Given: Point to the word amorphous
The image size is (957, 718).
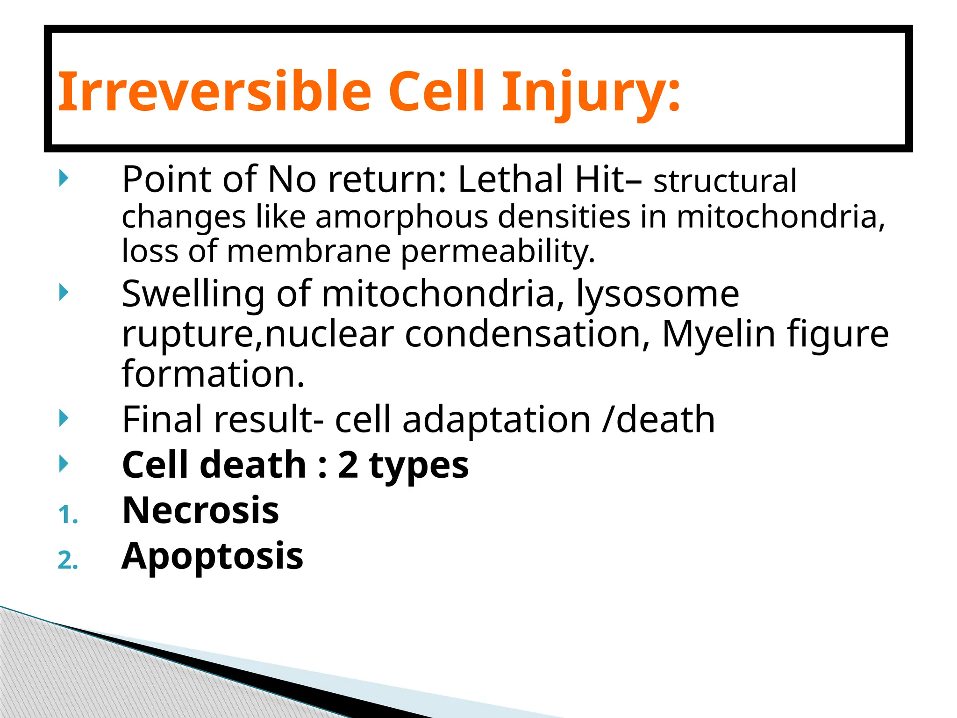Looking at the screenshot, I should click(x=401, y=217).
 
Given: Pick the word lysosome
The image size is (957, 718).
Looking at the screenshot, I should click(x=657, y=294).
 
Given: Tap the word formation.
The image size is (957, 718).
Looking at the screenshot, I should click(x=213, y=374).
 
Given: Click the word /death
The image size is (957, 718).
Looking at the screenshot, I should click(x=659, y=419).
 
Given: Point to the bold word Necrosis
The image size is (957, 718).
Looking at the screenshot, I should click(x=200, y=510).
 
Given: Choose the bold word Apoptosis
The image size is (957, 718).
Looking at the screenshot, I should click(x=213, y=556).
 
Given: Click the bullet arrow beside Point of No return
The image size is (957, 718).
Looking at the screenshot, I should click(x=64, y=179).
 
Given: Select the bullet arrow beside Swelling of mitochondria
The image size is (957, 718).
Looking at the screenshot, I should click(x=64, y=293).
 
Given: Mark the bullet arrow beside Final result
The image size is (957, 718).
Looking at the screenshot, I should click(x=64, y=418).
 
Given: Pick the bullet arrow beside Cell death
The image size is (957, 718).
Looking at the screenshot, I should click(x=64, y=464).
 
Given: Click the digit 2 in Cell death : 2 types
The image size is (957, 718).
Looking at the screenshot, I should click(x=348, y=465).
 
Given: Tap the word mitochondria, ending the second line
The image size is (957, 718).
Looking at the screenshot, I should click(x=780, y=217).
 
